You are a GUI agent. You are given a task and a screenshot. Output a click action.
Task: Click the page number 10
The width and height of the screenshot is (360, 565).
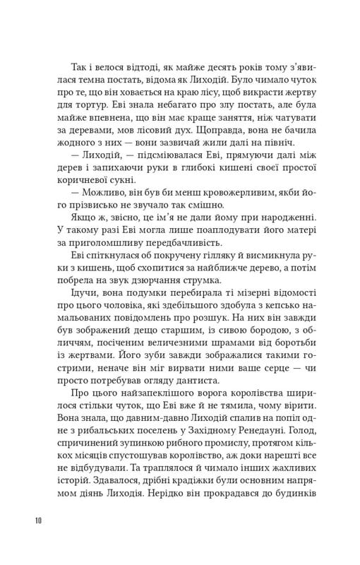coord(39,521)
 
